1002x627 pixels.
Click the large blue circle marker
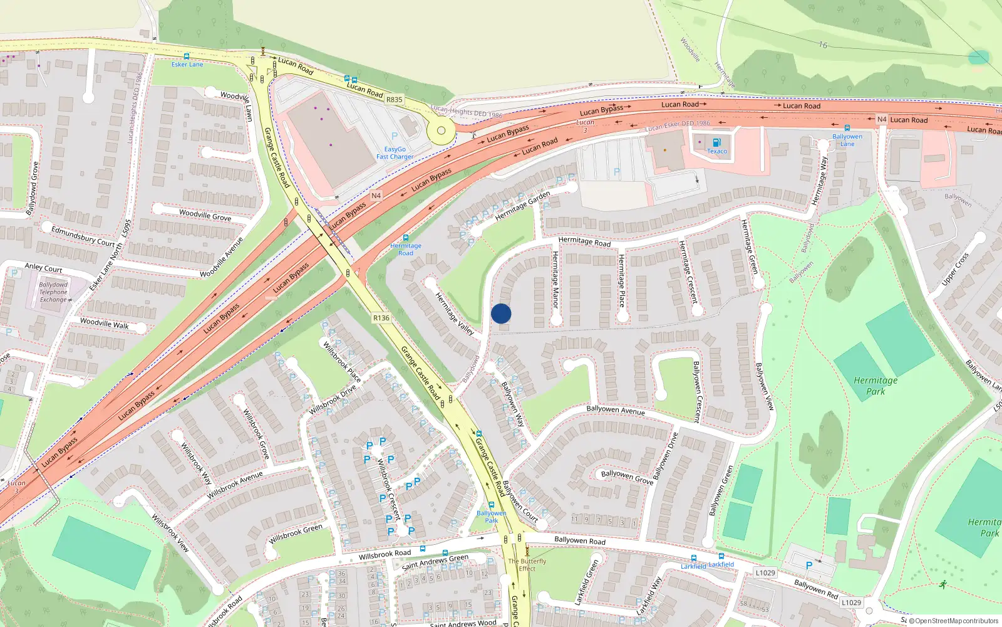501,313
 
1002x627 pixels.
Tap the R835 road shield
395,100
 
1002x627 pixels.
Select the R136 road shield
381,318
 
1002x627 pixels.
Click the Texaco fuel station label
717,151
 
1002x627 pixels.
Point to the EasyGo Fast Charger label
395,153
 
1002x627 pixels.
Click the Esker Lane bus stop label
187,65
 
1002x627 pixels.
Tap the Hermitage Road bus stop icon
406,238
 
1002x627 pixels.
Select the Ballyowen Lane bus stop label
847,140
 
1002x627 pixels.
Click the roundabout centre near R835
441,131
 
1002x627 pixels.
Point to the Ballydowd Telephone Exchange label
54,292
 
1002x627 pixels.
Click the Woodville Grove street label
205,215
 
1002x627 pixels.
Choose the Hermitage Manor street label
555,280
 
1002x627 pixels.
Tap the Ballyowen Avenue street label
616,410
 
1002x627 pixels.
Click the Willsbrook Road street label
385,554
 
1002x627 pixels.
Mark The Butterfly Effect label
527,565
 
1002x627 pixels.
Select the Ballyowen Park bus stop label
492,517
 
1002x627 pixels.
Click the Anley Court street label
43,268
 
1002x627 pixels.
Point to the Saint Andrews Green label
435,562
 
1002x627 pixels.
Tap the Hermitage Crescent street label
689,272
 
